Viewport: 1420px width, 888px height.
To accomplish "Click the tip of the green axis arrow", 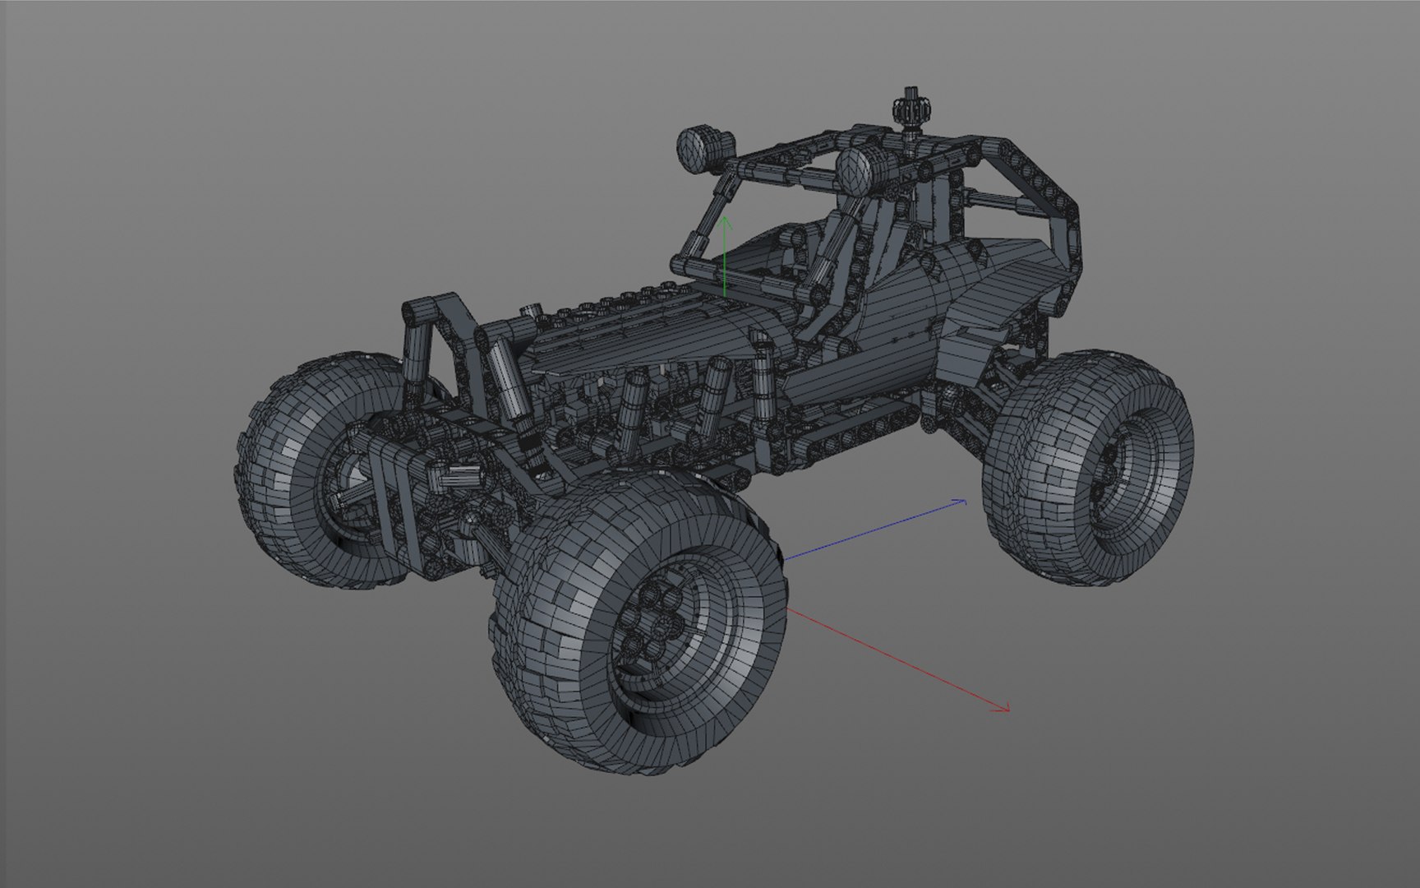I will [724, 219].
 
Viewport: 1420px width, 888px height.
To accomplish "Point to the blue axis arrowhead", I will [963, 500].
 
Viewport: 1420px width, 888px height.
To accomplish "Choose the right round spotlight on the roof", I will [857, 171].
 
